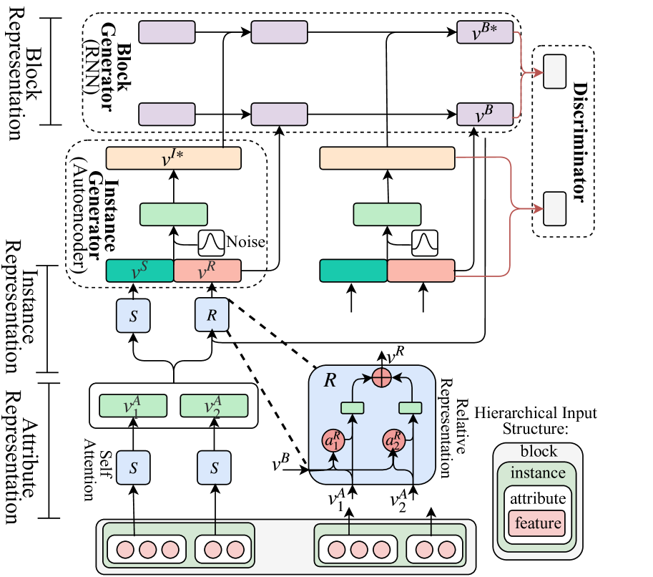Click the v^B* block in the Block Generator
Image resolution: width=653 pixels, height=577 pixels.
pos(485,32)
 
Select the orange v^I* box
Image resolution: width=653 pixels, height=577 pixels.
pos(172,157)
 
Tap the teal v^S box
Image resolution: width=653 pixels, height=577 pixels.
pos(139,271)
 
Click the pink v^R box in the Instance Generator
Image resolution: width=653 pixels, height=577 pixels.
pos(207,271)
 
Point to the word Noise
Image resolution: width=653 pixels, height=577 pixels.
pos(245,243)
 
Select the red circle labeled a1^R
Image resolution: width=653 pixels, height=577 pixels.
pos(333,439)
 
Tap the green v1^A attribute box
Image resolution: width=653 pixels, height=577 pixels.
pos(132,406)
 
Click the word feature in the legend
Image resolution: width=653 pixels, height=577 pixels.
pos(537,523)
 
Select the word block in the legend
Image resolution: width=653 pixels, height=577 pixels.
pos(537,452)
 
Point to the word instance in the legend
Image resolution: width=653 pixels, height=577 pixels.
pos(537,473)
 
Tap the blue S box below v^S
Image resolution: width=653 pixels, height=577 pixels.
pos(133,316)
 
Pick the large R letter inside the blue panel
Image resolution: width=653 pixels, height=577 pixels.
pos(330,380)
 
